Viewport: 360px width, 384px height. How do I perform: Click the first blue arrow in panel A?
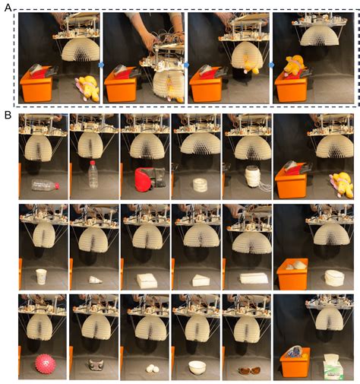(x=101, y=65)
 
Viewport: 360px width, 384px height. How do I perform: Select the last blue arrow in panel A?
(x=270, y=65)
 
